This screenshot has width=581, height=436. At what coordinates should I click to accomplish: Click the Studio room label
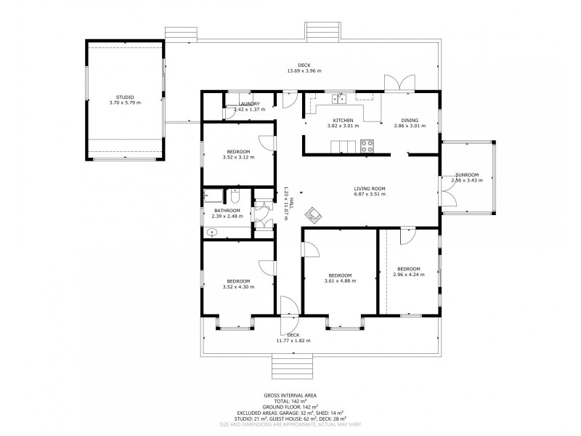[125, 97]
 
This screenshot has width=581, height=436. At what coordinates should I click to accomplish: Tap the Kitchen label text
[343, 120]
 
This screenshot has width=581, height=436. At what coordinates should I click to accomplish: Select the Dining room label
[410, 120]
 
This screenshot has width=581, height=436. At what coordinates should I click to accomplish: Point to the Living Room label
[370, 188]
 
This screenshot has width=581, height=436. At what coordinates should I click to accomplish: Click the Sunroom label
[467, 174]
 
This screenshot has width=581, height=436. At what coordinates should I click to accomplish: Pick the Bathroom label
[227, 210]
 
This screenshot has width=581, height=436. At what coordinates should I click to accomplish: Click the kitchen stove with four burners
[367, 146]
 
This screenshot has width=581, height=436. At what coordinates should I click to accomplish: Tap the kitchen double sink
[339, 98]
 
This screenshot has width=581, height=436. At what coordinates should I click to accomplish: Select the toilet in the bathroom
[235, 195]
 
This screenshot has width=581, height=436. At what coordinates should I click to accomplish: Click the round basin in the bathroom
[212, 233]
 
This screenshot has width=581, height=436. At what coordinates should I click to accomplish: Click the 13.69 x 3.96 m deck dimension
[304, 70]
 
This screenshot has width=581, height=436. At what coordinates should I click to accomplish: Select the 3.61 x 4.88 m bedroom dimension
[340, 281]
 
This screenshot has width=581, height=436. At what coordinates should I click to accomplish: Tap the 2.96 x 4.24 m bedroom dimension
[409, 275]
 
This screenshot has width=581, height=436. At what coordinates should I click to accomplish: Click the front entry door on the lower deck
[289, 315]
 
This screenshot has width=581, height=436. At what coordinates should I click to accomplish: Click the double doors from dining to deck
[399, 83]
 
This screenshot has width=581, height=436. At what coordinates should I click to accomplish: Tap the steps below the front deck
[293, 366]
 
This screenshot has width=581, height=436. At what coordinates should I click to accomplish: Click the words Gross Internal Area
[290, 395]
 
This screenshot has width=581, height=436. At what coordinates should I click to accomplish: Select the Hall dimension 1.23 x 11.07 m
[288, 203]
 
